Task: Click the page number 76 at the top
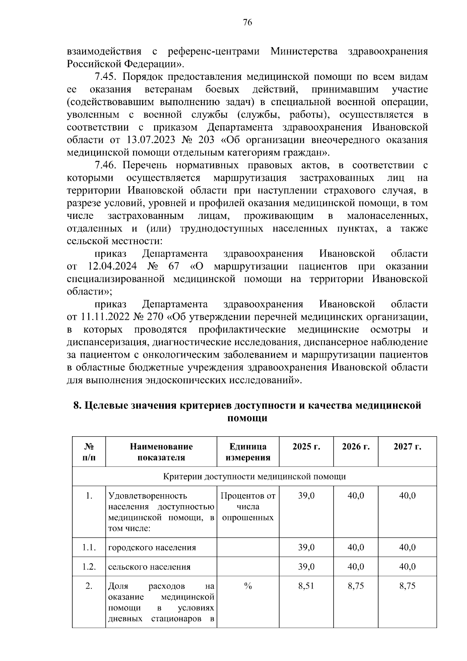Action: tap(248, 23)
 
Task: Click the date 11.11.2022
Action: tap(105, 317)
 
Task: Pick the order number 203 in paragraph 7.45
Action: tap(206, 140)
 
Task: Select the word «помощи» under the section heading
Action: tap(247, 418)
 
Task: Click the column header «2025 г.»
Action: tap(306, 446)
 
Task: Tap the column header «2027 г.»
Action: tap(407, 446)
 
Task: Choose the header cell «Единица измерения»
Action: tap(248, 452)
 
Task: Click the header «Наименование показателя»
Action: tap(161, 452)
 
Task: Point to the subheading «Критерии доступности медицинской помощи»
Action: tap(254, 476)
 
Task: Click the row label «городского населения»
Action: tap(152, 548)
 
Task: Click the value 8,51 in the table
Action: tap(306, 586)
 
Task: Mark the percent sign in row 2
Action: tap(248, 586)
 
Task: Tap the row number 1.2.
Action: tap(89, 567)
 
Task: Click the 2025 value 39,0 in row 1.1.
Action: tap(306, 548)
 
